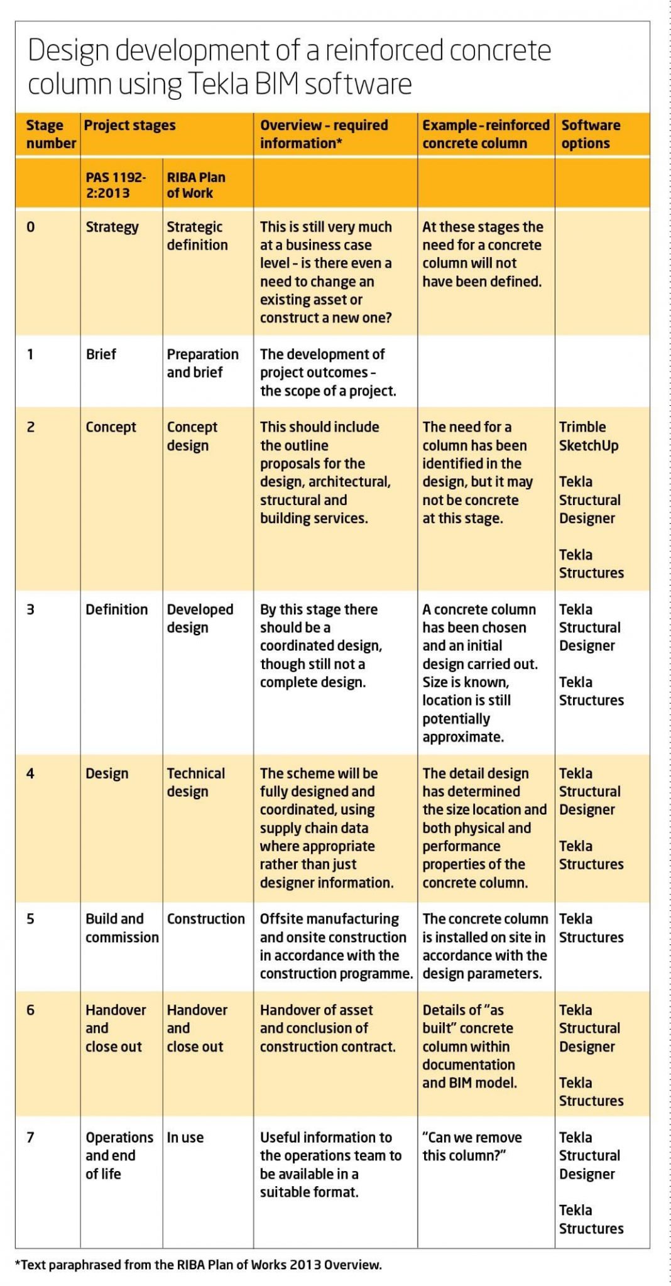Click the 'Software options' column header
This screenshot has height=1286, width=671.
pos(590,134)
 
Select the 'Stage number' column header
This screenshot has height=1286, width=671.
pos(50,134)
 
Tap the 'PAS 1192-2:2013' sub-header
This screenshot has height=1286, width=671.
pos(116,185)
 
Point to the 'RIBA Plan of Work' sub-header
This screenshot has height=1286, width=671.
pos(195,185)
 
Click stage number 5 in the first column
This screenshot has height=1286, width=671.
pos(30,918)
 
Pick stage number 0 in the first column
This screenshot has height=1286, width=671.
pos(30,227)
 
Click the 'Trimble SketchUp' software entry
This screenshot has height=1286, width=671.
pos(588,436)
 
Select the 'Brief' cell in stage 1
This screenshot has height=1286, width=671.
pos(101,354)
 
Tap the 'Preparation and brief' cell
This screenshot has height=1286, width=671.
pos(202,363)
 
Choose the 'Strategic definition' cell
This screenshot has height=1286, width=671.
pos(197,236)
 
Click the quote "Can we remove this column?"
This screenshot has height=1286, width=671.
pos(472,1146)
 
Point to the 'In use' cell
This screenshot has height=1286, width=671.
pos(185,1137)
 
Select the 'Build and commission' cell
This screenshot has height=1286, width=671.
pos(122,928)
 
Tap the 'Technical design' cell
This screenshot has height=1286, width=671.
pos(195,782)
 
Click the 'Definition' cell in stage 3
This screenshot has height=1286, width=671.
pos(116,609)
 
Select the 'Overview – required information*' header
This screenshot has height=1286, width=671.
pos(324,134)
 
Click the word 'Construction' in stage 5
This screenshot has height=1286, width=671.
pos(205,918)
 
